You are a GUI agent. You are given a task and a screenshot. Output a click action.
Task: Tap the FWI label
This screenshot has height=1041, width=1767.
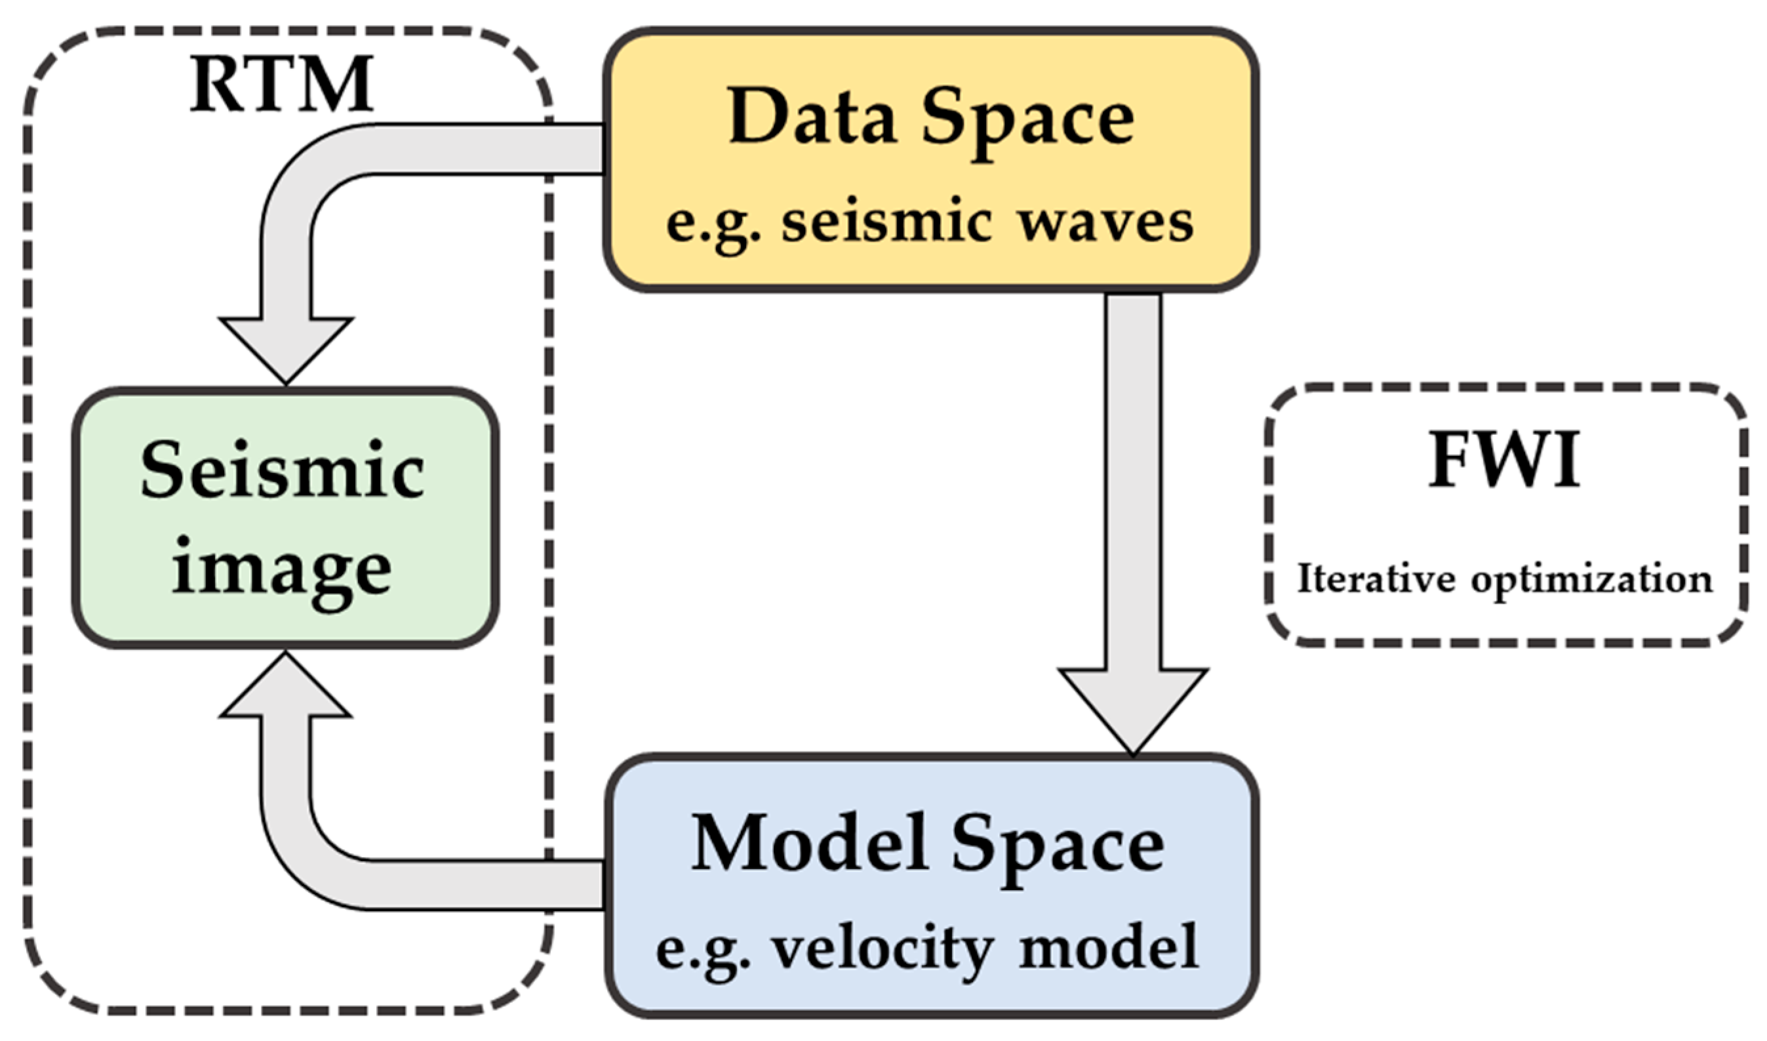coord(1505,462)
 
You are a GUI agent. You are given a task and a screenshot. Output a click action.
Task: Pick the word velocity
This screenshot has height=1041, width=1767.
coord(882,950)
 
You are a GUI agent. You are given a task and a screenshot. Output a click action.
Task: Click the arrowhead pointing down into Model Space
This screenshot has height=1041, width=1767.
coord(1133,708)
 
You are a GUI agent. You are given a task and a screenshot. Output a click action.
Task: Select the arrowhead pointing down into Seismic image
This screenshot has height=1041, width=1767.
coord(285,347)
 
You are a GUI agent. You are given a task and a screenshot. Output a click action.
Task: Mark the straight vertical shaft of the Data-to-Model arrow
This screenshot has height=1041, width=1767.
coord(1133,477)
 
